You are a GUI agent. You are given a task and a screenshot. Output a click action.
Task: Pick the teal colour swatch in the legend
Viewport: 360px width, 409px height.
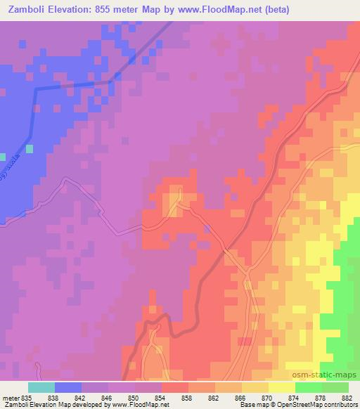(x=41, y=387)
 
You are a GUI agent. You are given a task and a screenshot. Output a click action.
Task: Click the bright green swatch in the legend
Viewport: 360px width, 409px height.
(x=308, y=387)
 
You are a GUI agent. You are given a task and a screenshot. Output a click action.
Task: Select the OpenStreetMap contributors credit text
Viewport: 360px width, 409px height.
(x=319, y=404)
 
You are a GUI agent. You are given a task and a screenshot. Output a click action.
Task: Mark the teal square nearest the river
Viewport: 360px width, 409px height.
(x=30, y=148)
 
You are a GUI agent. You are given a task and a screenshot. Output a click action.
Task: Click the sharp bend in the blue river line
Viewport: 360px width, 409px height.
(x=37, y=88)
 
